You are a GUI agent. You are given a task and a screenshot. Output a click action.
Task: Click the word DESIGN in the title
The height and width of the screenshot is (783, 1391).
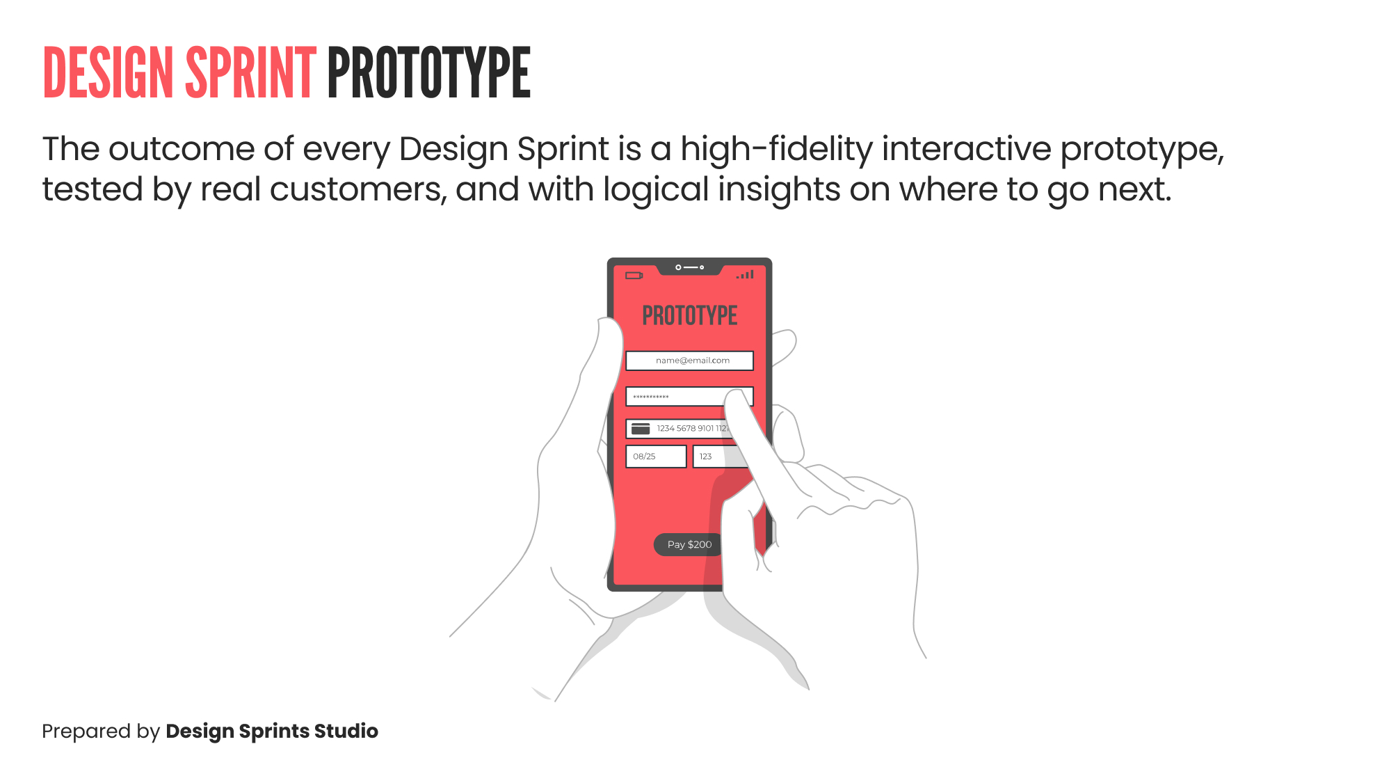coord(108,72)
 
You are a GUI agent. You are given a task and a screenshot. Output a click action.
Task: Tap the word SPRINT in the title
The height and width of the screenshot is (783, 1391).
coord(250,72)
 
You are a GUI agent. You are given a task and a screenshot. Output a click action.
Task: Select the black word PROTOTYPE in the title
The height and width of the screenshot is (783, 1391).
coord(428,72)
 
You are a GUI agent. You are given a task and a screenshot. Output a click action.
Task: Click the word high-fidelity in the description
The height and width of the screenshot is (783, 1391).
coord(776,149)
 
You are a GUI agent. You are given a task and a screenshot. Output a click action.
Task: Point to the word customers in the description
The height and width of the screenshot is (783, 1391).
coord(358,189)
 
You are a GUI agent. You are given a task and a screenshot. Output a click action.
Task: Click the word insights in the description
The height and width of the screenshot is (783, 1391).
coord(779,189)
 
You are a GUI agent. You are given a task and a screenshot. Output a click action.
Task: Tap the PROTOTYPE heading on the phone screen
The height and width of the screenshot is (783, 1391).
coord(689,316)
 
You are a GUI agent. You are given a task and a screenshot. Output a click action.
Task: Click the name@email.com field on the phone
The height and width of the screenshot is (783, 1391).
coord(689,361)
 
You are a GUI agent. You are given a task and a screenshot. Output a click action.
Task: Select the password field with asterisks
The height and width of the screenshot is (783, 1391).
coord(675,397)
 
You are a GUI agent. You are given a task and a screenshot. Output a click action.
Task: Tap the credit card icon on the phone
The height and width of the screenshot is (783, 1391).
coord(641,429)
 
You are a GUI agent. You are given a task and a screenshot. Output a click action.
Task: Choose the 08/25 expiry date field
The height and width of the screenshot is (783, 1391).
coord(656,457)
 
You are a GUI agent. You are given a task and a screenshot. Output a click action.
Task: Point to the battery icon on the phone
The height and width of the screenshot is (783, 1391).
coord(634,276)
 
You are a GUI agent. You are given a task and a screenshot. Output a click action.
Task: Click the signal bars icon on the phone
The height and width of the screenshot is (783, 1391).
coord(746,275)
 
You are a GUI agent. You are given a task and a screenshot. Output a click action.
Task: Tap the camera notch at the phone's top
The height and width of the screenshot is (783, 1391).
coord(689,267)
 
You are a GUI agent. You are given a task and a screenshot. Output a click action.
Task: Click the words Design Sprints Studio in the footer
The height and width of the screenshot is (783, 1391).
coord(272,731)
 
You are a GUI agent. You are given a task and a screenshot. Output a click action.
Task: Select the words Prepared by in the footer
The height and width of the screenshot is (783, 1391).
coord(101,731)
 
